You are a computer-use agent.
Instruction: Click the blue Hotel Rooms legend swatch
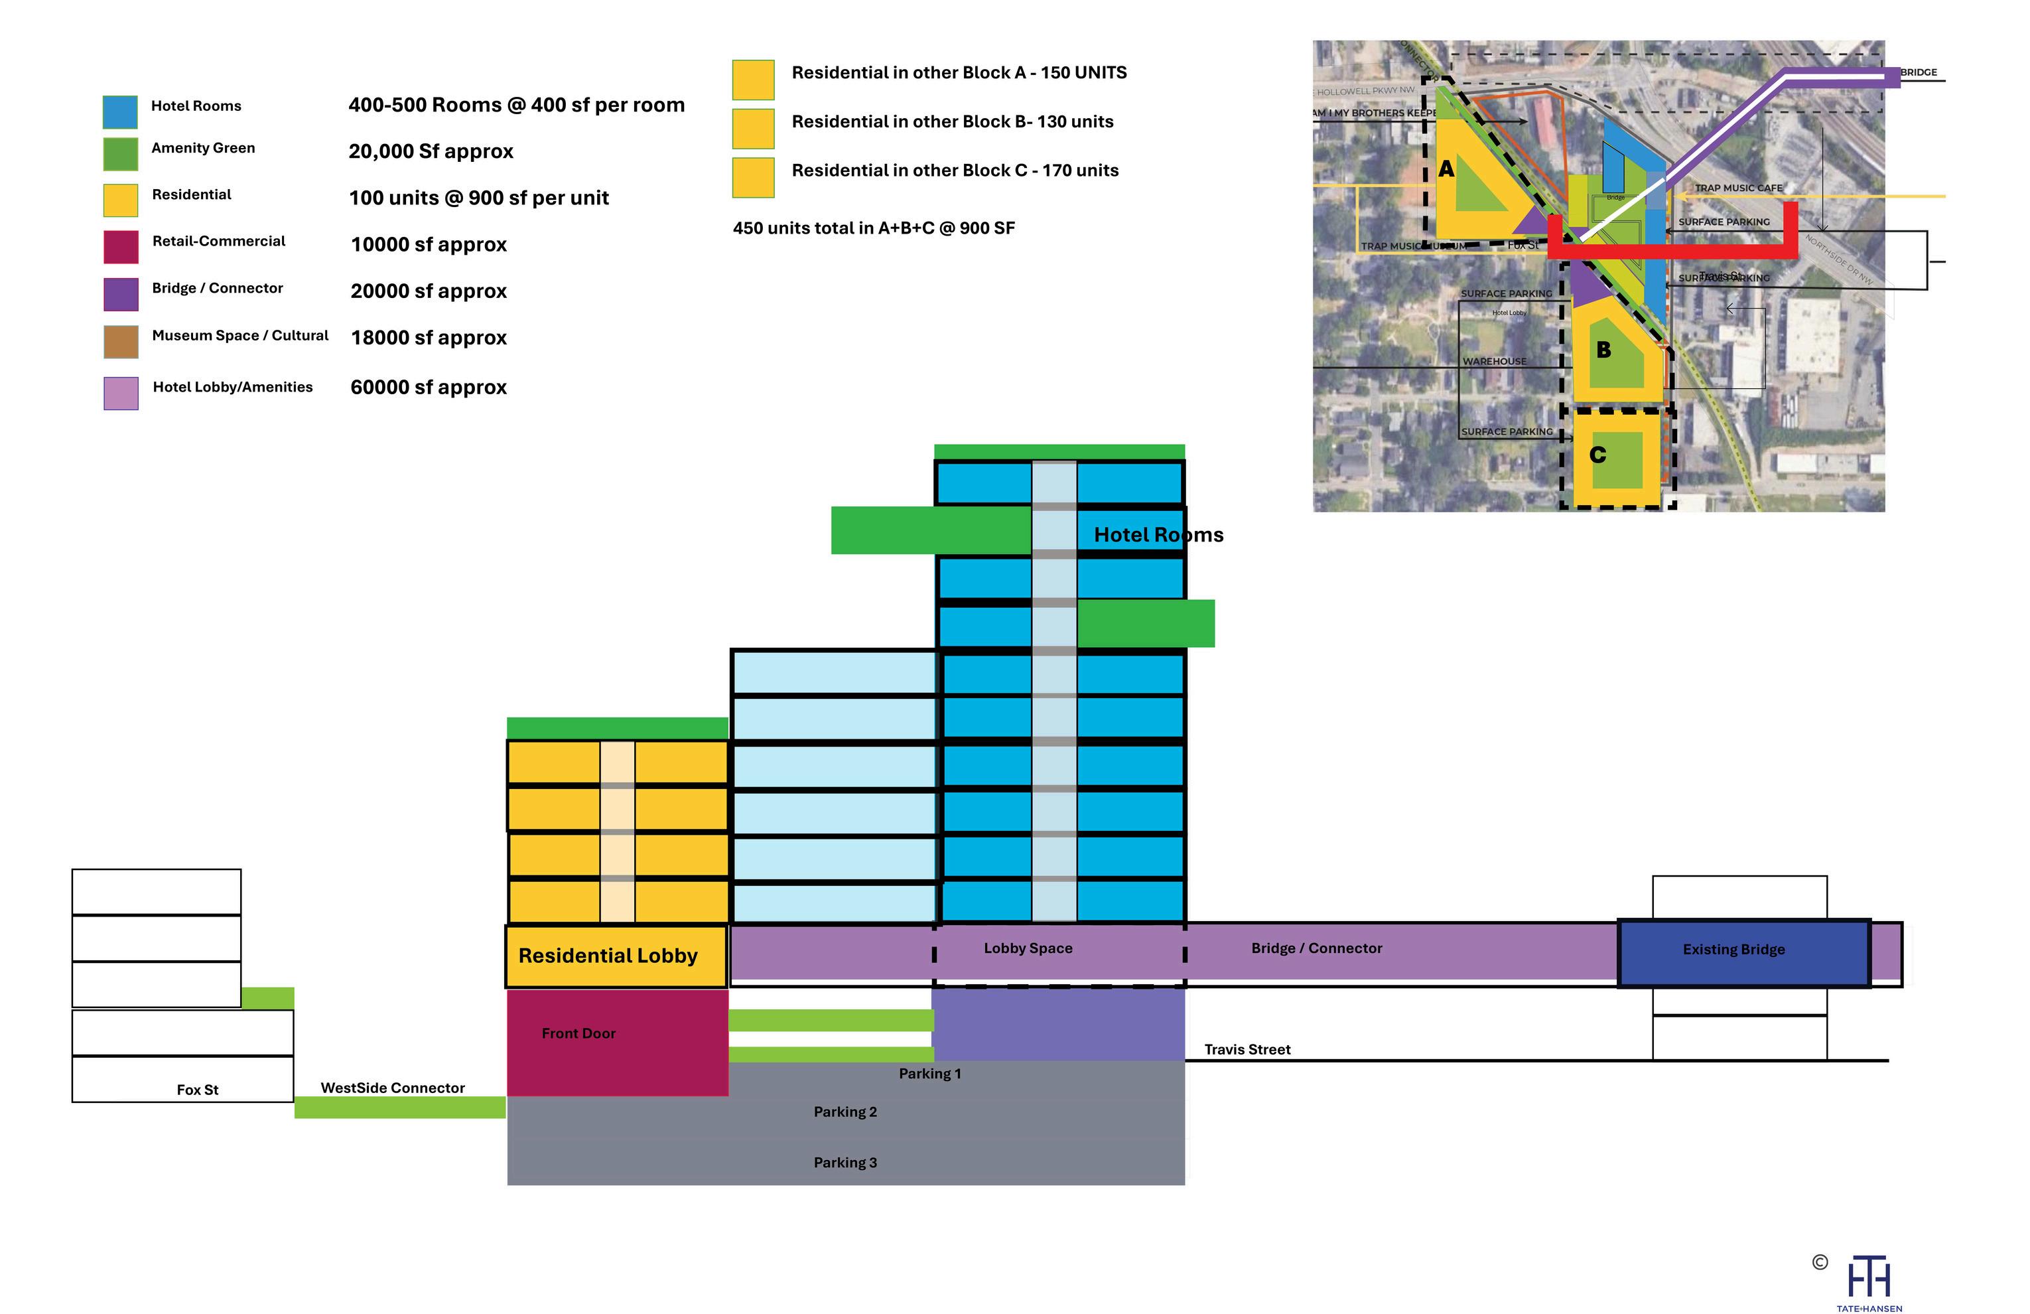[x=120, y=111]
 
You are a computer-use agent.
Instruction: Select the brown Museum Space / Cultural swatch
[x=120, y=341]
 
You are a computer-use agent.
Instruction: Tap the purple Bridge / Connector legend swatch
[x=120, y=295]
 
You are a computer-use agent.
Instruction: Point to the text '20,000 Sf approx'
[x=431, y=152]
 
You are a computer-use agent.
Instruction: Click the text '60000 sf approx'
[x=428, y=388]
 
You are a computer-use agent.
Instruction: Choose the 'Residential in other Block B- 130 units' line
[x=952, y=122]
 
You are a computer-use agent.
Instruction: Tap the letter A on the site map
[x=1446, y=170]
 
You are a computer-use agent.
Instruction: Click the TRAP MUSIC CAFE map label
[x=1738, y=188]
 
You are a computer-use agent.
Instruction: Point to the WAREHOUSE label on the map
[x=1495, y=362]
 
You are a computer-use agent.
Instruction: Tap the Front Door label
[x=578, y=1034]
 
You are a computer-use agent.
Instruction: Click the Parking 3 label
[x=845, y=1163]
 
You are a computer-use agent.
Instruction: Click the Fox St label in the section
[x=197, y=1090]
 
